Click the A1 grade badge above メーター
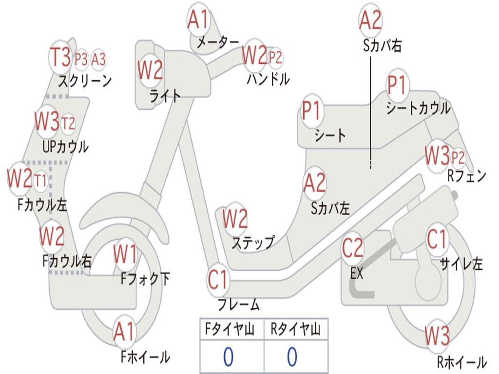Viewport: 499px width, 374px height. [x=198, y=21]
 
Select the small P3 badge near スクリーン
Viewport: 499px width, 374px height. [x=81, y=59]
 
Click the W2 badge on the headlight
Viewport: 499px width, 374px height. [x=150, y=71]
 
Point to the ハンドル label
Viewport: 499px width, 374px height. [x=268, y=78]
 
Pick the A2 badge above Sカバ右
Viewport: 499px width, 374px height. [x=370, y=20]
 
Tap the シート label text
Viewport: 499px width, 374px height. [x=330, y=135]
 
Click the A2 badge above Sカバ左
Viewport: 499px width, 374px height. [x=314, y=183]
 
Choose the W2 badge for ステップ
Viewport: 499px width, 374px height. [x=235, y=219]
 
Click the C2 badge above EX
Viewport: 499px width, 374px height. [x=352, y=248]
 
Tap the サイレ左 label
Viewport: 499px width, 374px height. [x=461, y=264]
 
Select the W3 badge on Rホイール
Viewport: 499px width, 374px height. [x=437, y=337]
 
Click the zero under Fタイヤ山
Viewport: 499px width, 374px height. [x=228, y=357]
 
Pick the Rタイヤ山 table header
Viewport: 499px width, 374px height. [x=295, y=330]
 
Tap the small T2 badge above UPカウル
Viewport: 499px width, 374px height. [x=68, y=123]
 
